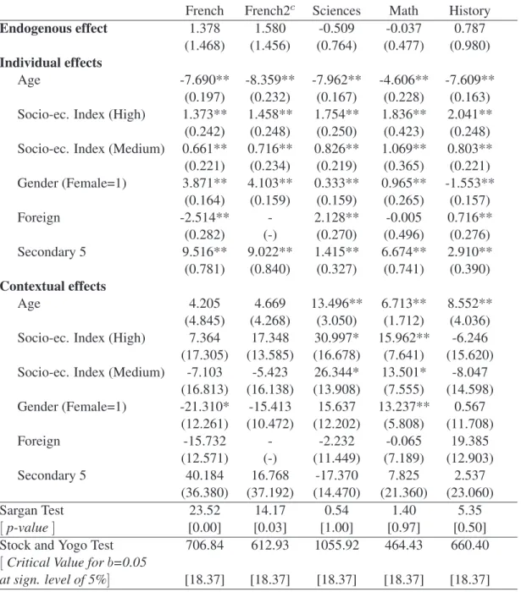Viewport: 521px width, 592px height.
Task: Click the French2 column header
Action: (x=269, y=10)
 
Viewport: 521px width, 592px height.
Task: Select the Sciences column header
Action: (x=336, y=10)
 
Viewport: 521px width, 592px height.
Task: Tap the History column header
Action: (x=469, y=11)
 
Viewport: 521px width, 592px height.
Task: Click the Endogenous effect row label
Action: (x=53, y=28)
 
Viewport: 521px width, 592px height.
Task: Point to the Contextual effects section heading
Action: (x=53, y=286)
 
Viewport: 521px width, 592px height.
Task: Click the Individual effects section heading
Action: (x=51, y=63)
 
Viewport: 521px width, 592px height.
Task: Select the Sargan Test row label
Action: (x=32, y=510)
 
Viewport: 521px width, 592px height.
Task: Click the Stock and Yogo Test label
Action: (x=57, y=545)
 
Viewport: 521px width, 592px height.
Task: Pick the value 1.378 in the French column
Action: (x=204, y=28)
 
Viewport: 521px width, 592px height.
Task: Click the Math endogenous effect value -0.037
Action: (x=404, y=28)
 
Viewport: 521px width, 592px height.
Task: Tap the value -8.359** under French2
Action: (x=269, y=79)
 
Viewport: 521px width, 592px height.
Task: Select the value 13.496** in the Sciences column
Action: (x=336, y=303)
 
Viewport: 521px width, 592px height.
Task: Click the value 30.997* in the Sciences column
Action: (x=336, y=337)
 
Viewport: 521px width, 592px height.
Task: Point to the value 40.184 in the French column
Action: (x=204, y=475)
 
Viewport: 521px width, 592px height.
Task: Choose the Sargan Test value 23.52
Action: (x=204, y=510)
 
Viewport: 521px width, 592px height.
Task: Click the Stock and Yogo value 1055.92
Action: (x=336, y=545)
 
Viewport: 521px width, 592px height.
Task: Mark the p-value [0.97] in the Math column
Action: (x=404, y=528)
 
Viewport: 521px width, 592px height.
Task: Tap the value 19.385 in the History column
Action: (x=469, y=441)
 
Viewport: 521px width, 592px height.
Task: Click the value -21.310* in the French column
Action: (x=204, y=406)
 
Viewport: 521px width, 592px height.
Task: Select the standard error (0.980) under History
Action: (x=469, y=46)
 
